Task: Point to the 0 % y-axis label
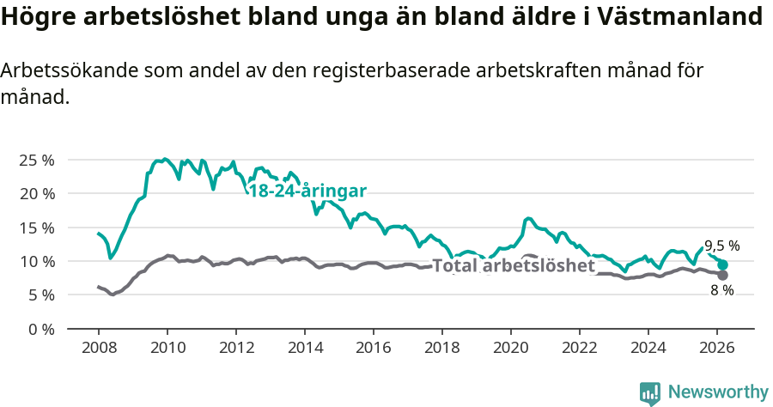42,329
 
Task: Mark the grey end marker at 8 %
722,275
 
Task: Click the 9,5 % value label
721,246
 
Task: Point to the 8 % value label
721,290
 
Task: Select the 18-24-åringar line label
307,191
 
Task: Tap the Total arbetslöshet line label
514,266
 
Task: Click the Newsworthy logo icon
650,392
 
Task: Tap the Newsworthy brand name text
718,392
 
